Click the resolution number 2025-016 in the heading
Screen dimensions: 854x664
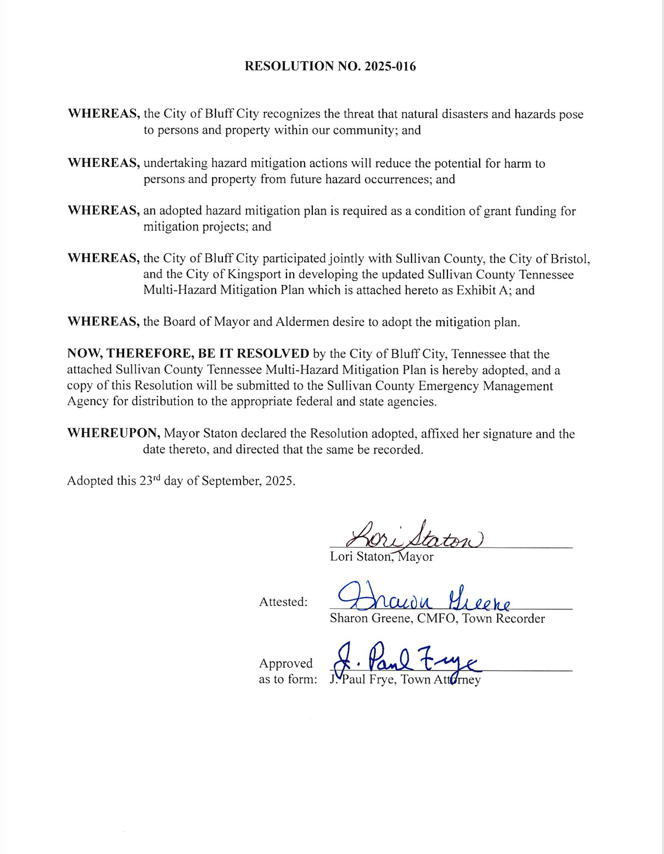(390, 66)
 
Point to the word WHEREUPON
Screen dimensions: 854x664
(114, 433)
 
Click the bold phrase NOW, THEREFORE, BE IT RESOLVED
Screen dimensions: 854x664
(188, 354)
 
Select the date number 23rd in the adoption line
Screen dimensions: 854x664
(150, 480)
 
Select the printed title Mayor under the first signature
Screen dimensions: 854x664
(416, 557)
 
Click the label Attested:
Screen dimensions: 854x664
(283, 602)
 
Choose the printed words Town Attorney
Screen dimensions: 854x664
(441, 680)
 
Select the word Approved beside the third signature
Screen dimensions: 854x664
(286, 663)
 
